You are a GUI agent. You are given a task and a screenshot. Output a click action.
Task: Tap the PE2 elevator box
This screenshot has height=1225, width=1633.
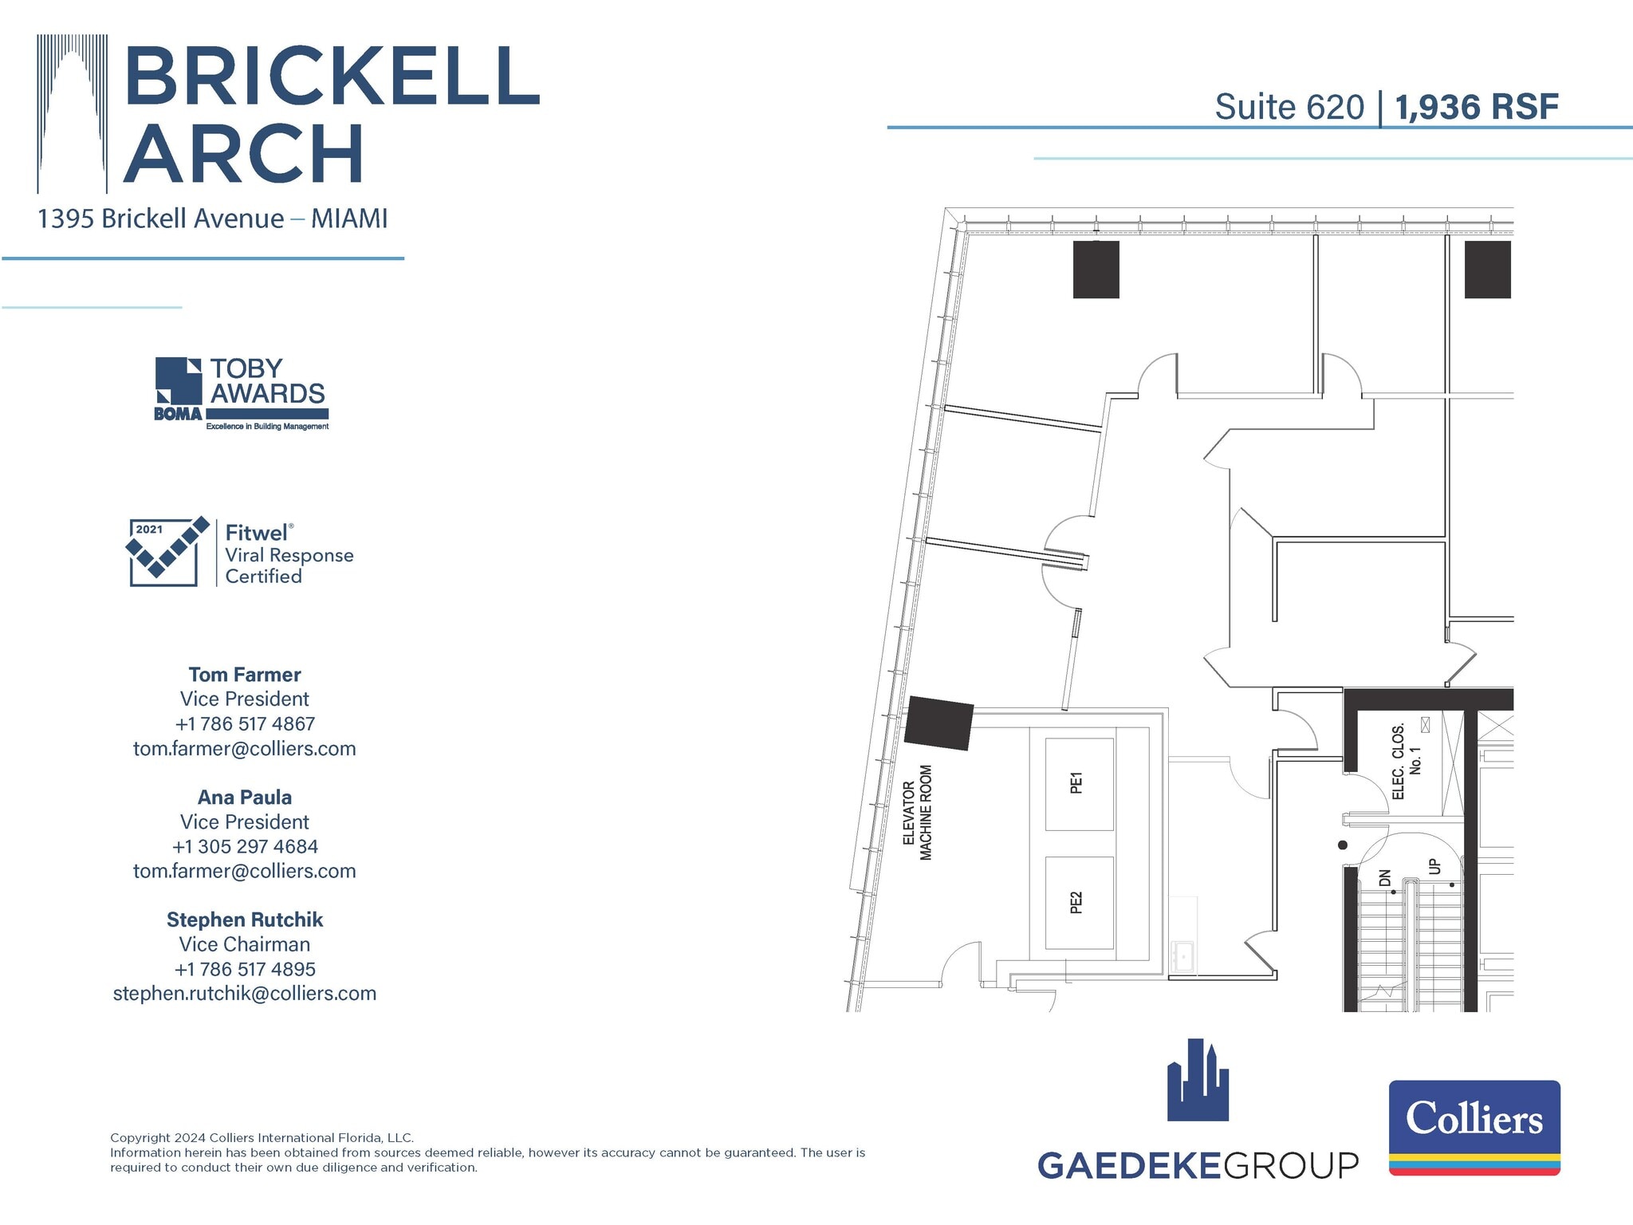click(x=1079, y=903)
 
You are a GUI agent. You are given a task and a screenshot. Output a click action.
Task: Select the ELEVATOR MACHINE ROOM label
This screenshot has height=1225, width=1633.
click(x=917, y=813)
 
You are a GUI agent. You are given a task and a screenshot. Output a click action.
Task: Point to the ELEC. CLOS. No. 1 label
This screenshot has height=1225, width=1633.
click(x=1406, y=762)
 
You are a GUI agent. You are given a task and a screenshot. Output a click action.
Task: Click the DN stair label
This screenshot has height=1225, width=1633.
click(x=1384, y=878)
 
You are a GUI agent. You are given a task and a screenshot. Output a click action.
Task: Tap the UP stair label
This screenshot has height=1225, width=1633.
click(x=1434, y=866)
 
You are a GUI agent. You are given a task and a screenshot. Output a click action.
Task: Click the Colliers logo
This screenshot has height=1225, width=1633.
click(x=1474, y=1127)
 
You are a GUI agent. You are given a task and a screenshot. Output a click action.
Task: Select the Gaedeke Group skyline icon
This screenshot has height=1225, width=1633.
click(x=1198, y=1081)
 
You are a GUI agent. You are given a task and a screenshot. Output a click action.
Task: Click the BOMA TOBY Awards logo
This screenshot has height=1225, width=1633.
click(x=241, y=393)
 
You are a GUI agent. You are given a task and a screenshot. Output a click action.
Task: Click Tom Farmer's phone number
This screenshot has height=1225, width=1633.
click(x=245, y=723)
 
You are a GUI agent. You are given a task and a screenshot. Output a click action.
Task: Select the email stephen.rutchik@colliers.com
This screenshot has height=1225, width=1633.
click(x=245, y=993)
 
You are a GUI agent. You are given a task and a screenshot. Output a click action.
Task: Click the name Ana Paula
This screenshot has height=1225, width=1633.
click(x=245, y=797)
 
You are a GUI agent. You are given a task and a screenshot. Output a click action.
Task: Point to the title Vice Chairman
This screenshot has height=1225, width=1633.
click(x=245, y=944)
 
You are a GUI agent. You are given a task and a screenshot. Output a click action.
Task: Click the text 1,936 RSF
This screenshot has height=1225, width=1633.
click(x=1476, y=107)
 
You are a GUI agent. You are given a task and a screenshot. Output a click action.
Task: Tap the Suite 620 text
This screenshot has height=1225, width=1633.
click(x=1289, y=107)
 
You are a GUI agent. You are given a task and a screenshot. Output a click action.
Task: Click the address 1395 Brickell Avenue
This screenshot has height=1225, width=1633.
click(x=160, y=219)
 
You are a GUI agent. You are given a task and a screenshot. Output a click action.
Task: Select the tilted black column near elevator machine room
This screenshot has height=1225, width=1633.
click(x=939, y=723)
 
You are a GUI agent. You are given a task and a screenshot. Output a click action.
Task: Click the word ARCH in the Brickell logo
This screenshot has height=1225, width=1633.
click(x=244, y=154)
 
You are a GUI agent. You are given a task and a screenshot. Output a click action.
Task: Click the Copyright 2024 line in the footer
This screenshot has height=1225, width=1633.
click(x=262, y=1138)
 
